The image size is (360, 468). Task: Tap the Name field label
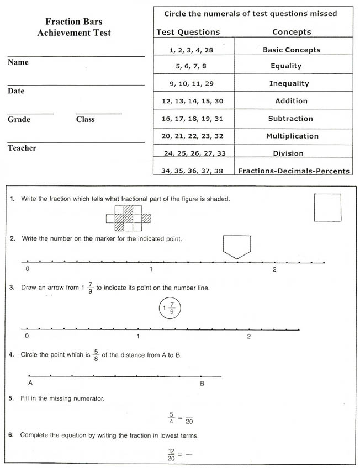tap(18, 62)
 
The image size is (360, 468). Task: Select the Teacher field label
tap(22, 148)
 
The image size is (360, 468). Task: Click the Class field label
tap(85, 119)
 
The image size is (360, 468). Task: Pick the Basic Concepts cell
tap(291, 50)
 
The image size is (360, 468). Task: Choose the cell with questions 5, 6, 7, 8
tap(191, 66)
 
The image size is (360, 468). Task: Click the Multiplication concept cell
tap(292, 136)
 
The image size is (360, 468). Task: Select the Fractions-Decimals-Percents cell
tap(294, 171)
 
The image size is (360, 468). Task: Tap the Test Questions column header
tap(188, 32)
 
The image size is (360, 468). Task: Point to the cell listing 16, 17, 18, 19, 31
tap(192, 119)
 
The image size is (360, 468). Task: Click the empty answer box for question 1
tap(327, 207)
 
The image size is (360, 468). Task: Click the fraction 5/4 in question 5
tap(171, 417)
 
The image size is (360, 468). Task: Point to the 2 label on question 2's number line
tap(274, 270)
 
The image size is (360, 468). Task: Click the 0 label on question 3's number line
tap(26, 336)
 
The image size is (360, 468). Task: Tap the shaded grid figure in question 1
tap(128, 218)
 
